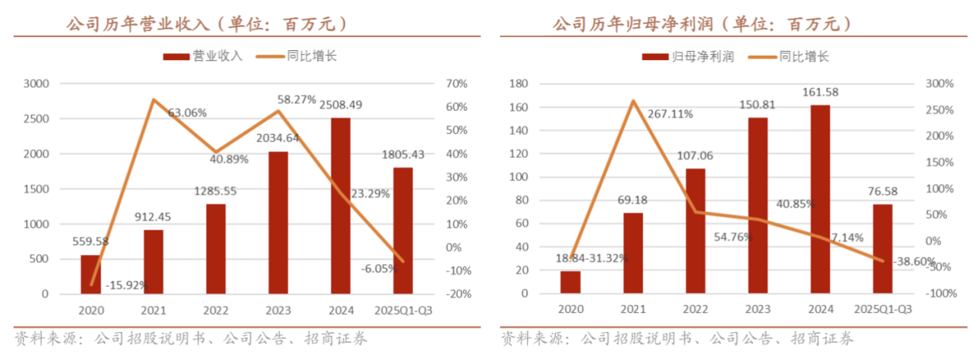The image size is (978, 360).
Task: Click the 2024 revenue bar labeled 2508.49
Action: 341,206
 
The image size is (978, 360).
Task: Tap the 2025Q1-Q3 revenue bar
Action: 403,230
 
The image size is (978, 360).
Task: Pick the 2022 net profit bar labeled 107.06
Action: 695,230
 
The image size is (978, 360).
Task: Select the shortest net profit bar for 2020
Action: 570,282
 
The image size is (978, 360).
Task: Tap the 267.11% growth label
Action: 670,113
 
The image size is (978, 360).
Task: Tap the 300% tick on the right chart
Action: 941,83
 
